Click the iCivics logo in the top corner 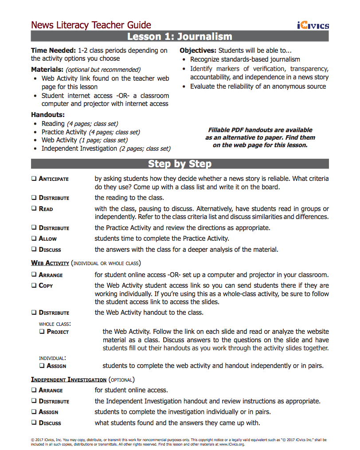pos(313,25)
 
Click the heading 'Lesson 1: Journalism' pos(180,36)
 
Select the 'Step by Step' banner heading pos(180,164)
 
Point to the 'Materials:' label pos(47,70)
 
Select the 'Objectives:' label pos(198,51)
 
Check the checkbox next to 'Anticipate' pos(34,179)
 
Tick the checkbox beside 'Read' pos(34,209)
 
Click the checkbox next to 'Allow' pos(34,239)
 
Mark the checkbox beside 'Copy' pos(34,286)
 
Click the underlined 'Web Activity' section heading pos(50,263)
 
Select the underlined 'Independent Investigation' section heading pos(69,380)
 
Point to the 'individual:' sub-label pos(52,358)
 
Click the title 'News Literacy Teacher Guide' pos(91,25)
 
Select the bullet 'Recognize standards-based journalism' pos(245,59)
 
